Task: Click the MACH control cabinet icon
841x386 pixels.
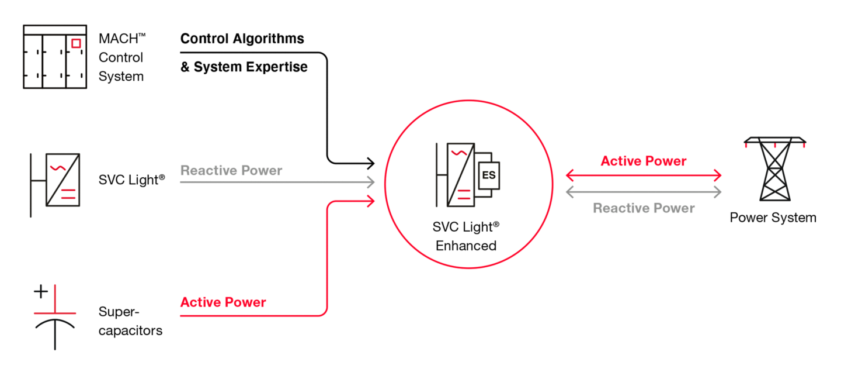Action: coord(55,57)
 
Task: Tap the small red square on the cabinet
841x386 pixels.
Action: coord(76,43)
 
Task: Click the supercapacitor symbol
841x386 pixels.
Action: coord(55,317)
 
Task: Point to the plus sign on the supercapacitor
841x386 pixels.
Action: coord(41,292)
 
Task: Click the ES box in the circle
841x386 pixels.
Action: coord(489,175)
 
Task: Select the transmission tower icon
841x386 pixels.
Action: coord(775,169)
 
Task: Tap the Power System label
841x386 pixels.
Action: coord(773,218)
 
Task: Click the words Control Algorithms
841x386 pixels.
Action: coord(242,39)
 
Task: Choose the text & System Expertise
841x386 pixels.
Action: coord(244,67)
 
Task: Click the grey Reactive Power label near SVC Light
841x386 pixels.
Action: coord(231,170)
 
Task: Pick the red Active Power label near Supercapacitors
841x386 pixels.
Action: coord(223,302)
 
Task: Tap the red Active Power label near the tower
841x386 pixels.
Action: coord(644,161)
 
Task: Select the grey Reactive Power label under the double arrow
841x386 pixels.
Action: coord(644,208)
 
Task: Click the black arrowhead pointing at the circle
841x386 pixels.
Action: coord(370,163)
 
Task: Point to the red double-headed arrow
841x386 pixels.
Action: coord(644,175)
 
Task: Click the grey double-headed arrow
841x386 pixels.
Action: coord(644,192)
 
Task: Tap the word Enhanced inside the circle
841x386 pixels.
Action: coord(466,246)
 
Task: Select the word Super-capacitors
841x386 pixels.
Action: coord(130,321)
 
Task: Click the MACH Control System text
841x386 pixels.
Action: coord(122,57)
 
